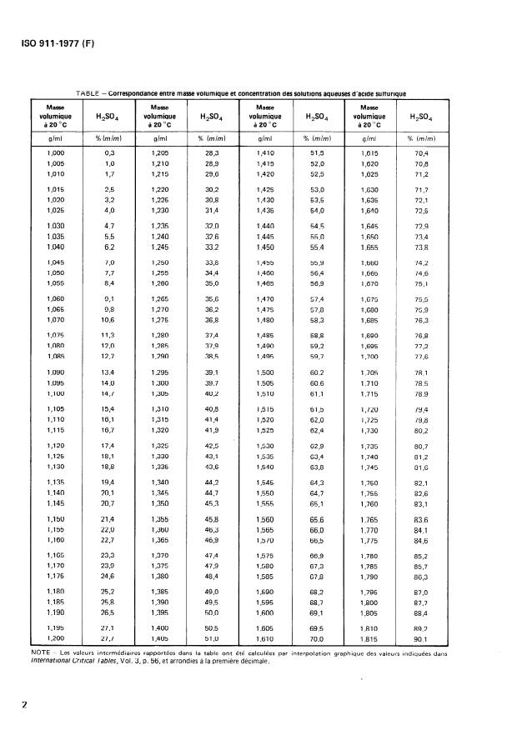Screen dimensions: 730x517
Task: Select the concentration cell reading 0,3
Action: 108,154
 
